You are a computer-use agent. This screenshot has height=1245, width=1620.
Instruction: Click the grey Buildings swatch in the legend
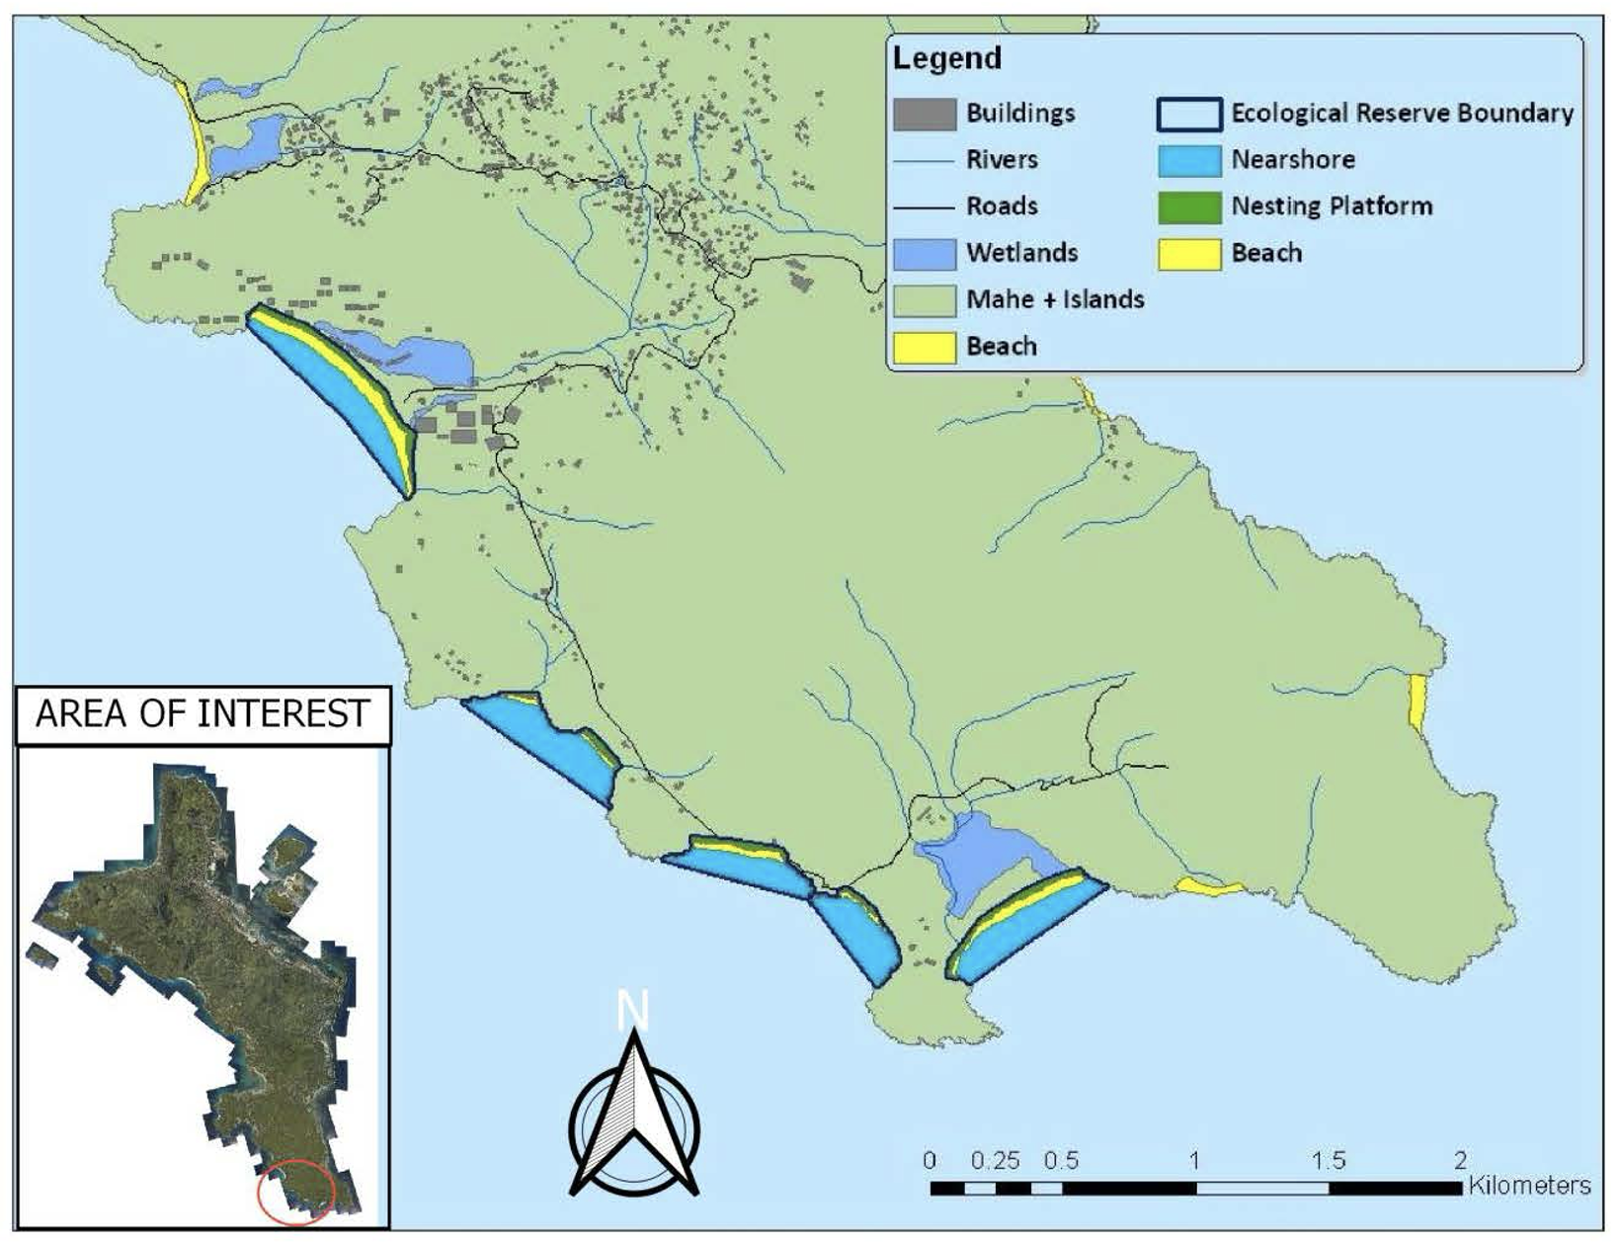pos(924,114)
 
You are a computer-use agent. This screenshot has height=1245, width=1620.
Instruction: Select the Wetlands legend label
pos(1021,253)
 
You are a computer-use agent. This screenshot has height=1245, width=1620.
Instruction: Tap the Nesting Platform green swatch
pos(1188,207)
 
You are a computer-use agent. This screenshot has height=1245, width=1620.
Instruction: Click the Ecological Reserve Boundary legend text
pos(1402,114)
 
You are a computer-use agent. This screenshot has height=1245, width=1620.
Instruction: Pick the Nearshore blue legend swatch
pos(1188,160)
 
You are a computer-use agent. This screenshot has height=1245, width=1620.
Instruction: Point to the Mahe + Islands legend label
pos(1054,299)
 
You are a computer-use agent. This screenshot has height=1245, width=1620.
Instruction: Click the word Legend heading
pos(946,58)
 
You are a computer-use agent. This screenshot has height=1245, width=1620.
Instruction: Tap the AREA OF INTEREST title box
pos(202,713)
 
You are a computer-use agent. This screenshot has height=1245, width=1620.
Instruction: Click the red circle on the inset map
pos(296,1193)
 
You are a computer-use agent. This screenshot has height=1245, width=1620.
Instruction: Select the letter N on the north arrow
pos(632,1012)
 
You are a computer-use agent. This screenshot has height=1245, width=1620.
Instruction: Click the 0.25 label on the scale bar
pos(995,1160)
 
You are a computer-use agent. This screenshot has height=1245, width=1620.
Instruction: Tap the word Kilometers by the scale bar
pos(1529,1185)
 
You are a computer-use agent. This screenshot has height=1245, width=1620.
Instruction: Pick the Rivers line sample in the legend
pos(924,160)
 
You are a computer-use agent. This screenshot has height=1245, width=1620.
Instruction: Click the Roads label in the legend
pos(1001,207)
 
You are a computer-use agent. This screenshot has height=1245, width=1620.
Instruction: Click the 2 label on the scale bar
pos(1460,1160)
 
